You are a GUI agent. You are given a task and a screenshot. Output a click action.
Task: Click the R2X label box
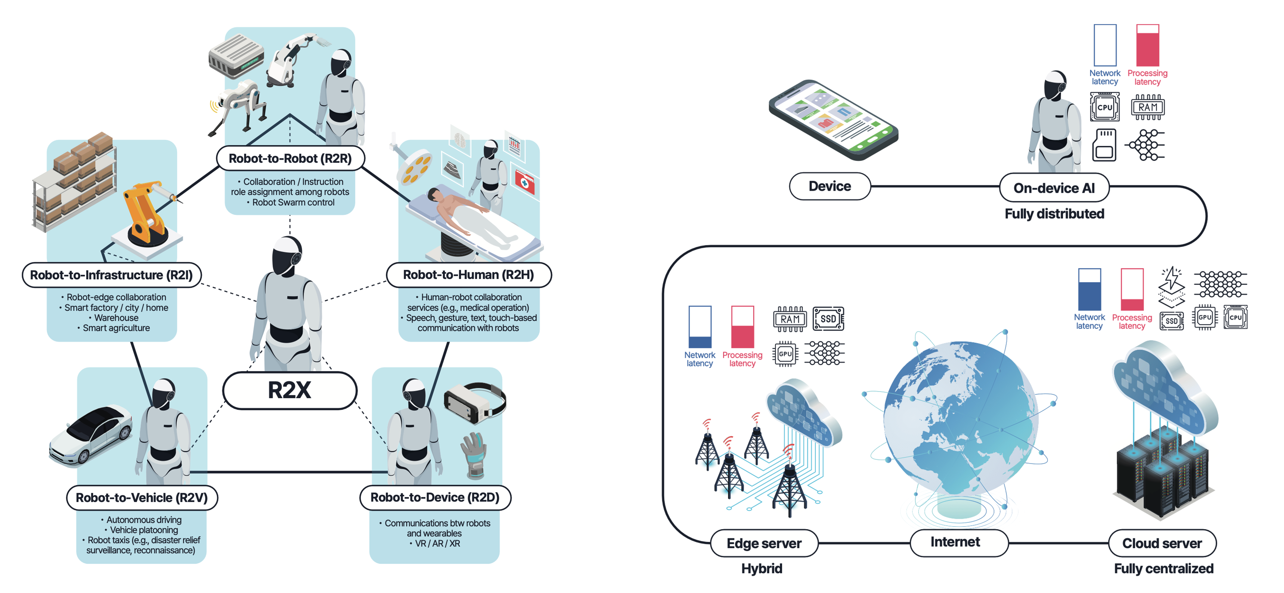pyautogui.click(x=290, y=390)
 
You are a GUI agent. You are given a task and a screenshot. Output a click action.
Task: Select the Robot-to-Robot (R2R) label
pyautogui.click(x=290, y=158)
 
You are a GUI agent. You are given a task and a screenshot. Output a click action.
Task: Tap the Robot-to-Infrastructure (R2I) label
pyautogui.click(x=111, y=275)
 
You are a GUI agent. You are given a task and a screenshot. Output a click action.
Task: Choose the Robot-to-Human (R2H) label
pyautogui.click(x=468, y=275)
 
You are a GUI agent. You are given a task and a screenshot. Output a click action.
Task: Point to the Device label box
pyautogui.click(x=829, y=186)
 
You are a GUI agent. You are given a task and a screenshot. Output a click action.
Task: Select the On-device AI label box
pyautogui.click(x=1054, y=188)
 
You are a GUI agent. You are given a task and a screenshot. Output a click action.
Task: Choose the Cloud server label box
pyautogui.click(x=1162, y=543)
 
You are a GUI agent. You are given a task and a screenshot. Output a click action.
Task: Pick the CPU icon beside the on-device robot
pyautogui.click(x=1105, y=107)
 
